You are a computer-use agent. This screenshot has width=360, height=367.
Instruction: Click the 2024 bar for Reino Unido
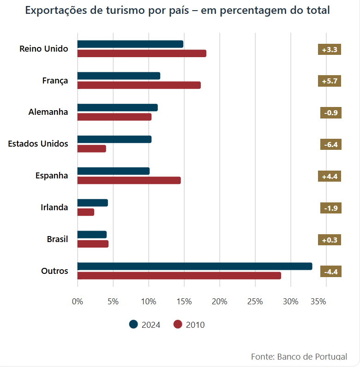[130, 44]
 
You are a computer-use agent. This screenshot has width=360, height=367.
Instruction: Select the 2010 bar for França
[139, 85]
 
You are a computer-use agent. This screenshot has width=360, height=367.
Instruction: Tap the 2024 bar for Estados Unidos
[114, 139]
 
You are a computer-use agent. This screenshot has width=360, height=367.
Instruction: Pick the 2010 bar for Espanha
[129, 180]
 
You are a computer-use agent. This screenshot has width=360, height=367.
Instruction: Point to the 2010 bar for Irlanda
[86, 212]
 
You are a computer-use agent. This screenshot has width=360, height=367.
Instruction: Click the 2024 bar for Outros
[194, 266]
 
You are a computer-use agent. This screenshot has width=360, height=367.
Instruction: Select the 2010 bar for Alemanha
[114, 117]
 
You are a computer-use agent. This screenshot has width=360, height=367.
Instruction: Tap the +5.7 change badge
[330, 81]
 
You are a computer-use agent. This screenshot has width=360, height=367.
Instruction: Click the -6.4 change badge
[330, 145]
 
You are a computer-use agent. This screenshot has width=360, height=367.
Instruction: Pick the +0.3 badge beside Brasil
[330, 240]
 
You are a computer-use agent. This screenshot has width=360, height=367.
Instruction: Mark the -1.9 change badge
[330, 208]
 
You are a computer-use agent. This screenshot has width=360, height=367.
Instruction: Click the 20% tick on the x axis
[220, 302]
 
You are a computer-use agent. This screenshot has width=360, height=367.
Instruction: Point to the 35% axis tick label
[318, 302]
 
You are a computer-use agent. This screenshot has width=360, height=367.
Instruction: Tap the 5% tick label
[113, 302]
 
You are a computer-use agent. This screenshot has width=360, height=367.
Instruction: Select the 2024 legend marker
[134, 325]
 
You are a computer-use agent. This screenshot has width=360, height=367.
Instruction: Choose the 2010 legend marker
[178, 325]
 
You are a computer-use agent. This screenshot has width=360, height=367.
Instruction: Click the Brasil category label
[57, 239]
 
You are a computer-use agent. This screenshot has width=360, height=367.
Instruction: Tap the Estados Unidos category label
[38, 144]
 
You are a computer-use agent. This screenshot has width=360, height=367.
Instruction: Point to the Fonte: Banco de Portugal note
[299, 357]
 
